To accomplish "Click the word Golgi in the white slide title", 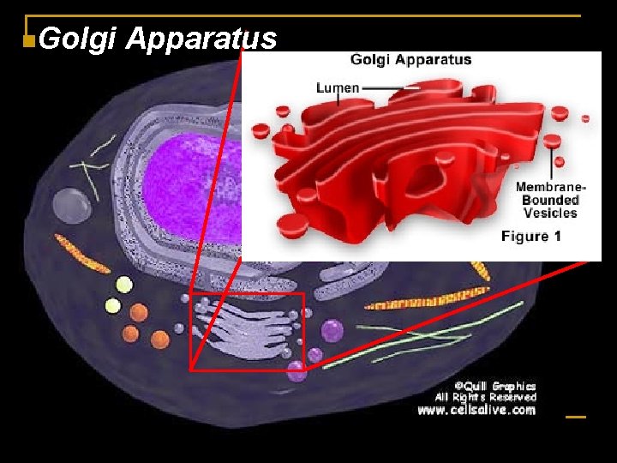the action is click(78, 39).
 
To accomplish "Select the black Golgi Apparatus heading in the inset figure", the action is click(410, 60).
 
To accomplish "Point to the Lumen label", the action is click(338, 87).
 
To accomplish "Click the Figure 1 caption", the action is click(531, 236).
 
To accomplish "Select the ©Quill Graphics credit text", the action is click(494, 386).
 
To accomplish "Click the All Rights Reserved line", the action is click(485, 397).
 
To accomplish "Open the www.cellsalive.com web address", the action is click(476, 410).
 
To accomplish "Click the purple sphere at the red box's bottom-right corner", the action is click(297, 370).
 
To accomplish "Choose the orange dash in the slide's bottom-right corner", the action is click(576, 418).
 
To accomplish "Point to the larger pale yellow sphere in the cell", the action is click(124, 286).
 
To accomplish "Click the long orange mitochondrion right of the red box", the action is click(421, 302).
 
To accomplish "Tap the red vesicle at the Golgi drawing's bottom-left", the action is click(292, 225).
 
